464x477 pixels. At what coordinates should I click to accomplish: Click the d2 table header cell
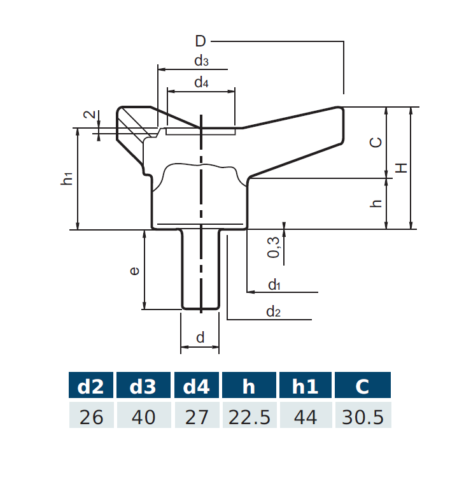coord(90,387)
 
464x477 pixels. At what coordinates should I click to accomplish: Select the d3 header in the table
coord(143,387)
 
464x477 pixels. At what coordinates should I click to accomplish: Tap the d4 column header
coord(197,387)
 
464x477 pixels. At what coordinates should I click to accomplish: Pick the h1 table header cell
coord(306,387)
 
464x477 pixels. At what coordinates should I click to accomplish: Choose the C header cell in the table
coord(362,387)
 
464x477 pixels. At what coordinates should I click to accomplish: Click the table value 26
coord(90,416)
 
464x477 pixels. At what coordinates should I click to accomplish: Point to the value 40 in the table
coord(143,416)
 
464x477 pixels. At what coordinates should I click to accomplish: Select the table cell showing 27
coord(197,416)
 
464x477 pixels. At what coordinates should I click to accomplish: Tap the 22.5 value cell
coord(249,416)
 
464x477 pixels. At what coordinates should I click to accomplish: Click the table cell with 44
coord(306,416)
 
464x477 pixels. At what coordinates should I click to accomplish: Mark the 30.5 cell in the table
coord(362,416)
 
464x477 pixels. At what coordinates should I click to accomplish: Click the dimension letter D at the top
coord(200,42)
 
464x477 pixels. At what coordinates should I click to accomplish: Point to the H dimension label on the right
coord(401,167)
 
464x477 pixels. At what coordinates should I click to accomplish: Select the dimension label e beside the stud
coord(134,271)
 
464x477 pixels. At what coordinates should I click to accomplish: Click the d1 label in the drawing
coord(274,285)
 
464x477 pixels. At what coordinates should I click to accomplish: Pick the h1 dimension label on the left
coord(67,179)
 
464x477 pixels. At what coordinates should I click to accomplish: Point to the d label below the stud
coord(200,338)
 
